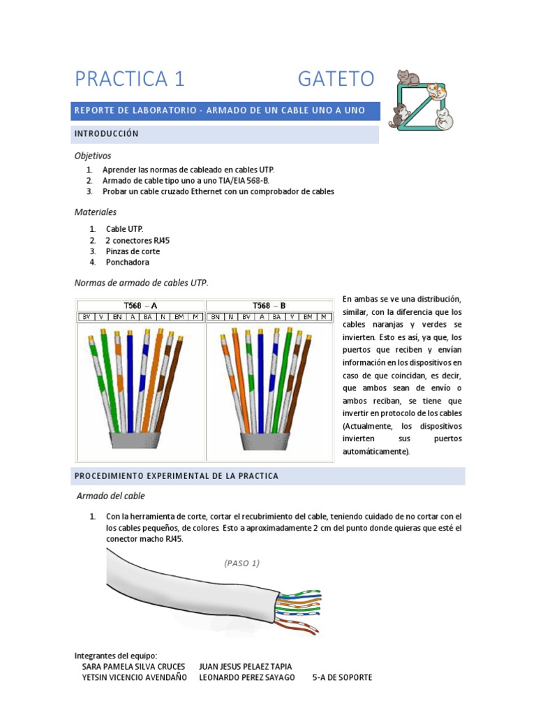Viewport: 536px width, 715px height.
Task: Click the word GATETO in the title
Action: pyautogui.click(x=336, y=79)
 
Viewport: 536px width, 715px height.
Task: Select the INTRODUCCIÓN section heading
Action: pyautogui.click(x=107, y=133)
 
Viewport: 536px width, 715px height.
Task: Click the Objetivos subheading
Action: pyautogui.click(x=93, y=155)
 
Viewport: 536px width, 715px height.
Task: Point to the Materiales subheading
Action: pyautogui.click(x=96, y=212)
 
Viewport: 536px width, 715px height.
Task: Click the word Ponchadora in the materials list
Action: pyautogui.click(x=128, y=263)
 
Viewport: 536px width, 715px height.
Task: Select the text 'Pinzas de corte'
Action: pyautogui.click(x=133, y=251)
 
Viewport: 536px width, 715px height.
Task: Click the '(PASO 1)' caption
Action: pyautogui.click(x=242, y=563)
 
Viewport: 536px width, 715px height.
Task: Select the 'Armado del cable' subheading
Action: pyautogui.click(x=111, y=496)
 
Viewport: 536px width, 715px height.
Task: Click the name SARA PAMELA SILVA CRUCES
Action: pyautogui.click(x=133, y=667)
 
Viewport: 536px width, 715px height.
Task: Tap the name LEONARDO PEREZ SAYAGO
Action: pyautogui.click(x=247, y=677)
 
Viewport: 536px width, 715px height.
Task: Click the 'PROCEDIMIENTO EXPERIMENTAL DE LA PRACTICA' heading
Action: pyautogui.click(x=176, y=476)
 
